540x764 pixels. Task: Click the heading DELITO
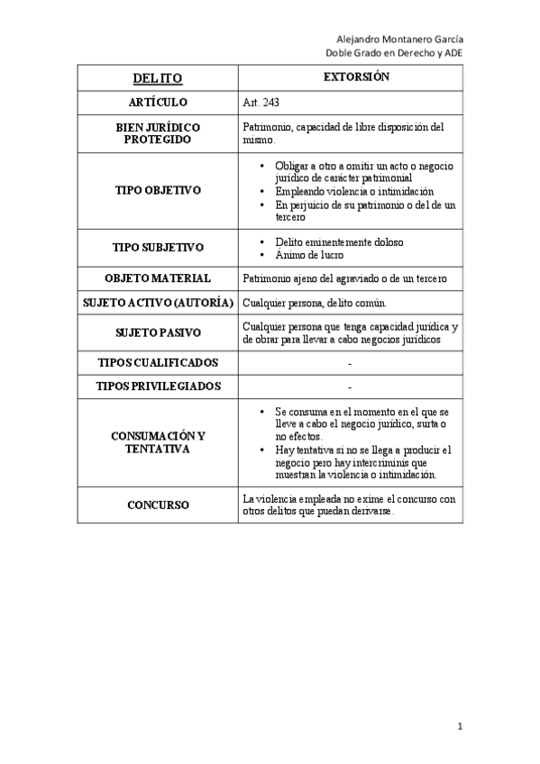(158, 78)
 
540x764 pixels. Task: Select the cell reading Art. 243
(261, 103)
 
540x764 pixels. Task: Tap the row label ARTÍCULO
(158, 103)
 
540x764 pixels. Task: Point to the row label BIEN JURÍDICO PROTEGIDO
(158, 133)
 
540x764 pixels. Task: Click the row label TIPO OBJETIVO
(158, 191)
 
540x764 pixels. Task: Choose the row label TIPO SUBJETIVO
(158, 247)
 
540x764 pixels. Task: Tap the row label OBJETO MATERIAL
(158, 278)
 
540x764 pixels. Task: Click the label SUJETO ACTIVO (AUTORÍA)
(158, 302)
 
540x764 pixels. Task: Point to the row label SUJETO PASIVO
(158, 332)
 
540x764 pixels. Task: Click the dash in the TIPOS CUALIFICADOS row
(349, 363)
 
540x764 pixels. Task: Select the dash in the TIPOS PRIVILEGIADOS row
(349, 387)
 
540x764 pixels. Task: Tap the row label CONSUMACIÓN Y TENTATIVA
(158, 442)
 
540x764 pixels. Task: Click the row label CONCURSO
(158, 505)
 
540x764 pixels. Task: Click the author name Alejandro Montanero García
(400, 40)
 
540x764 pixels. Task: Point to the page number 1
(460, 726)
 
